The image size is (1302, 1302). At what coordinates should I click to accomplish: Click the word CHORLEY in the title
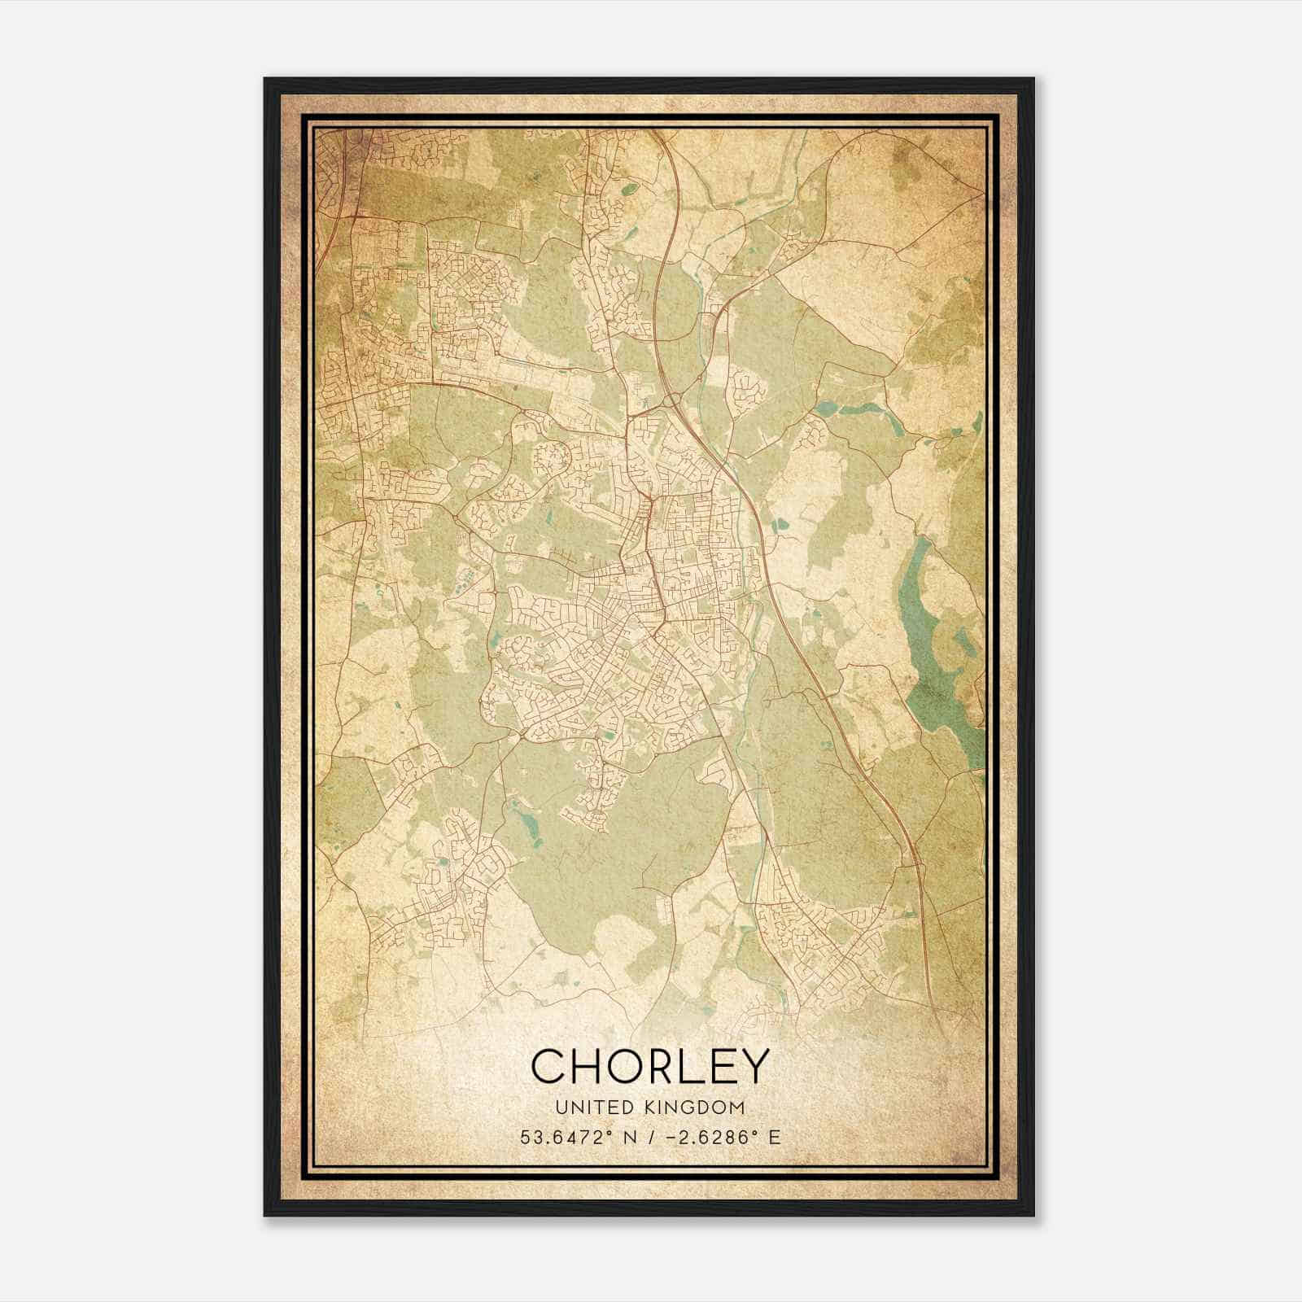[649, 1066]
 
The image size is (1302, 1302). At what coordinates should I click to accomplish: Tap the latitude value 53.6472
[562, 1137]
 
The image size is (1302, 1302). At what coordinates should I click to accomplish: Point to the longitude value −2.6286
[710, 1137]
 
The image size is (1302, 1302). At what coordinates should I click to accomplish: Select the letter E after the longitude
[775, 1137]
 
